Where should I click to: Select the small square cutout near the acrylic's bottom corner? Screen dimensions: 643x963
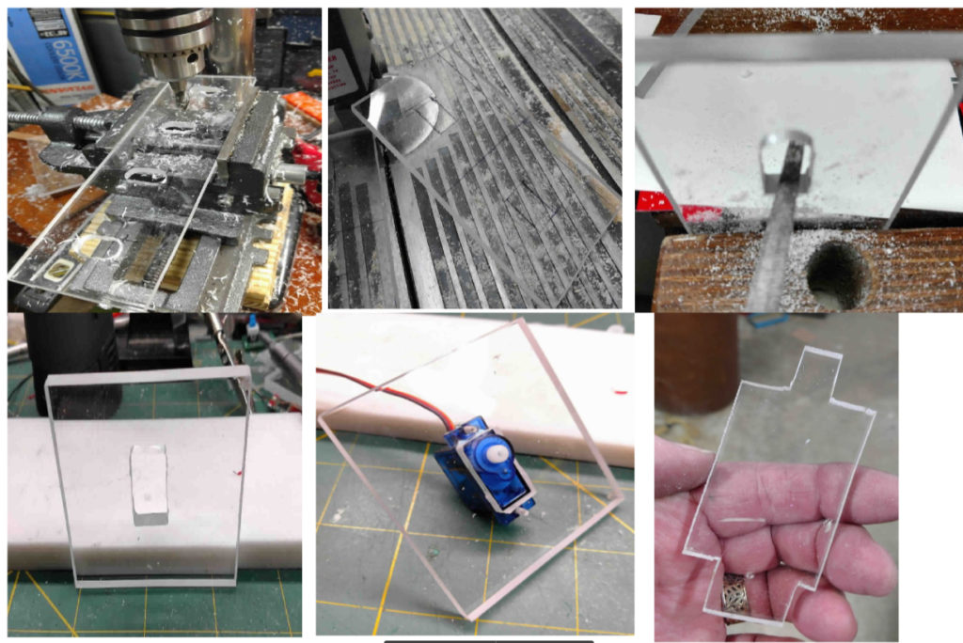point(58,273)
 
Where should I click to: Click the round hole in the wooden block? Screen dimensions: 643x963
point(835,272)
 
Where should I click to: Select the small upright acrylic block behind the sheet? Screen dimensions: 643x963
point(149,484)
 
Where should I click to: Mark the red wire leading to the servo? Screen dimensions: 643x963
point(376,385)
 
